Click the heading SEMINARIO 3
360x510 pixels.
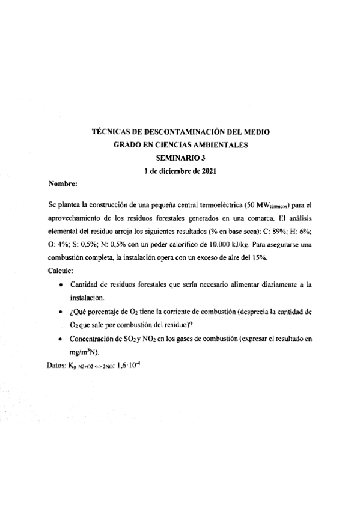click(180, 158)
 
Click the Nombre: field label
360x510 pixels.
click(62, 185)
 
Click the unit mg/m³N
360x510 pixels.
click(84, 352)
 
